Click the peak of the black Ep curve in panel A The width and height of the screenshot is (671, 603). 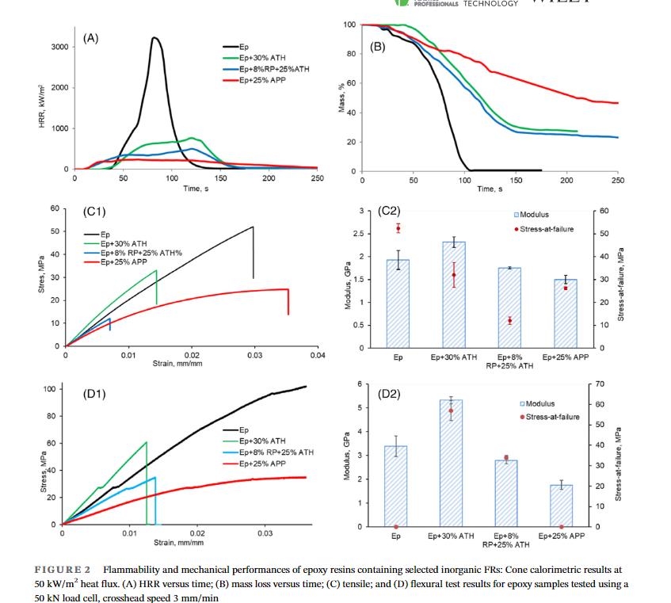point(154,38)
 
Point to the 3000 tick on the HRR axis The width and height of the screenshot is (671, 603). point(58,47)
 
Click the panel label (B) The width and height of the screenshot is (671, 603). point(378,46)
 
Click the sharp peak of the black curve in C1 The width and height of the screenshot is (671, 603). point(253,227)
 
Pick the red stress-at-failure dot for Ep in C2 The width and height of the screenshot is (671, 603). point(398,228)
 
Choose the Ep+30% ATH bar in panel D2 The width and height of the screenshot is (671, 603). point(451,463)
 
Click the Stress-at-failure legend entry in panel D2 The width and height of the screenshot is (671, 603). point(549,417)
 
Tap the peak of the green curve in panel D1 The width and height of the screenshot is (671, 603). point(147,442)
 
